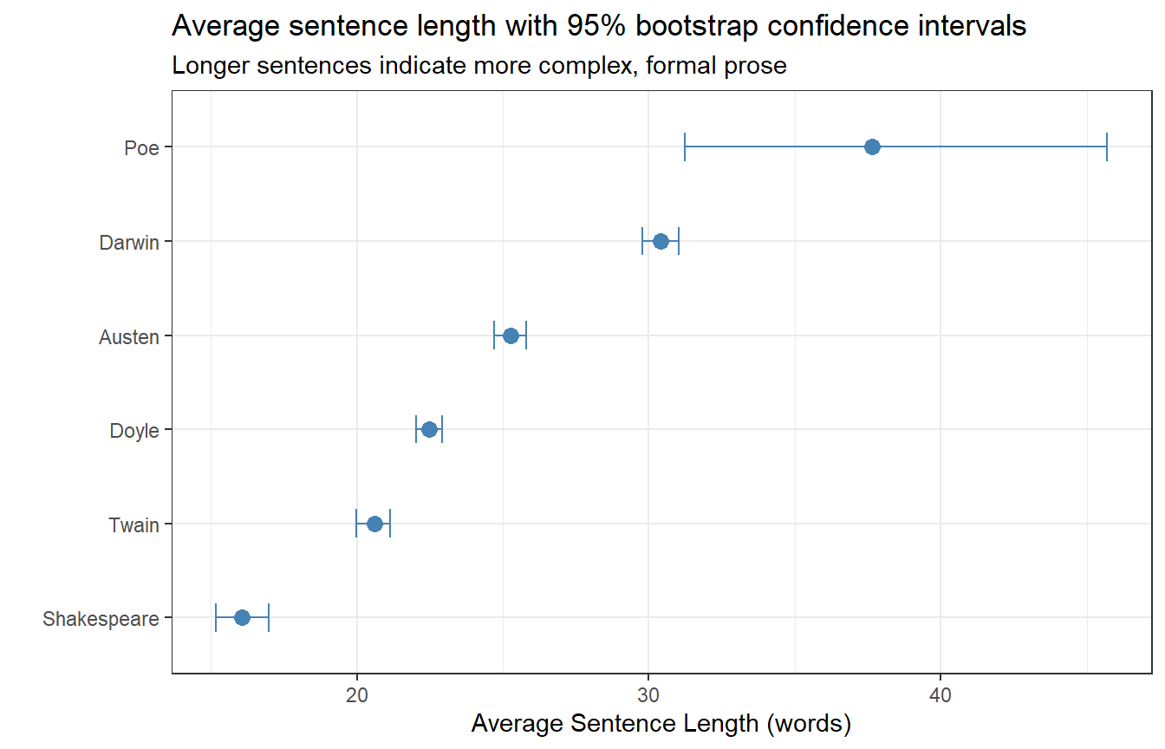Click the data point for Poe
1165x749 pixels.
(872, 147)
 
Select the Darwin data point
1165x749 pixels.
(661, 241)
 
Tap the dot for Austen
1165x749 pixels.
(511, 335)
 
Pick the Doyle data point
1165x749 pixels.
(429, 429)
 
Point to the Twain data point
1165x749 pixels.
(374, 524)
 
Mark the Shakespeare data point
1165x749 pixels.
(242, 617)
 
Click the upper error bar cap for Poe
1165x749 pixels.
(1107, 147)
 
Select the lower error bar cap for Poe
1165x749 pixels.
(685, 147)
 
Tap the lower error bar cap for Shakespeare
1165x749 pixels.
(216, 617)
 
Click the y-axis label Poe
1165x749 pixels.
(141, 147)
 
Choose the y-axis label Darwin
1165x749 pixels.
(129, 242)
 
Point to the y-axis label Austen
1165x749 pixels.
(129, 336)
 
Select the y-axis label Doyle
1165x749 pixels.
(134, 430)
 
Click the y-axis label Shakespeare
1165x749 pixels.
(101, 619)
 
